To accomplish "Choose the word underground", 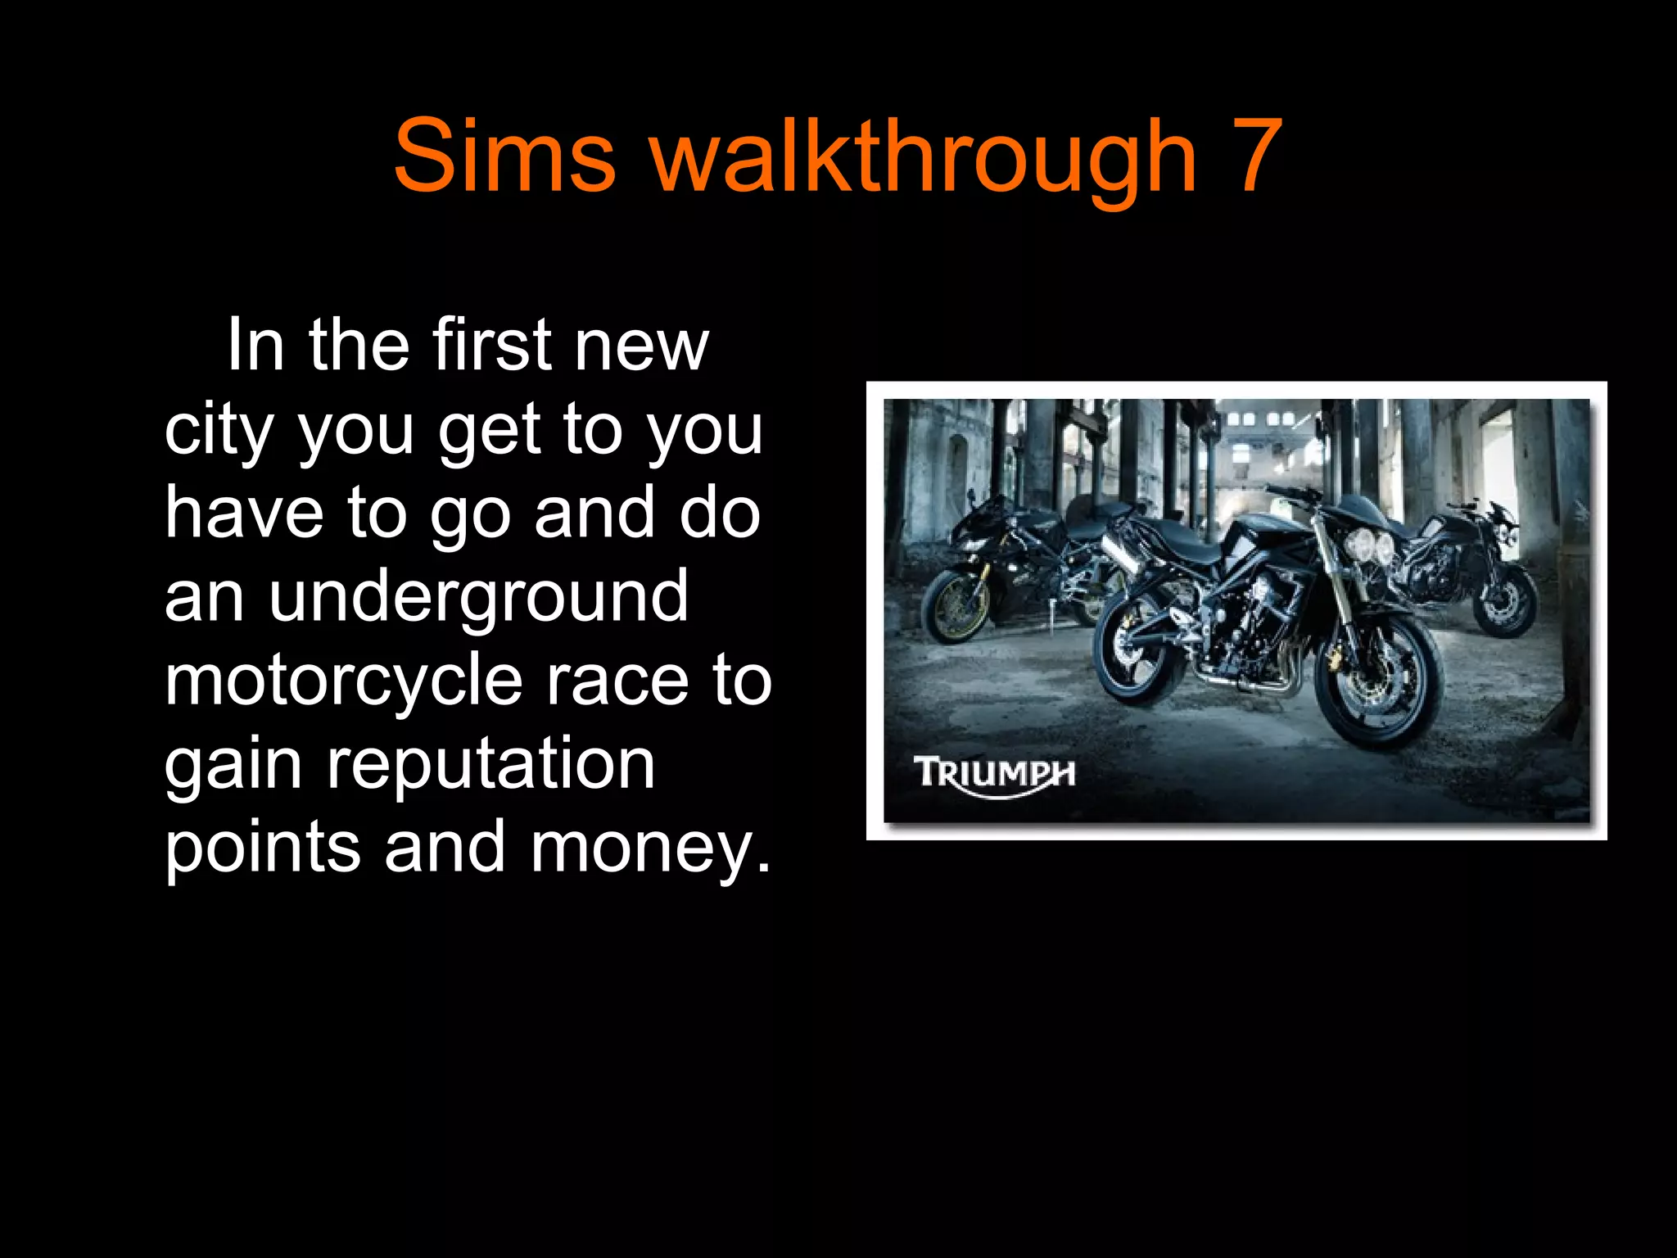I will (479, 598).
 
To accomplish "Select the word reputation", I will (491, 766).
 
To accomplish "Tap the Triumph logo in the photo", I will (994, 774).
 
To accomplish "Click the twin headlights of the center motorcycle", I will (1370, 545).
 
